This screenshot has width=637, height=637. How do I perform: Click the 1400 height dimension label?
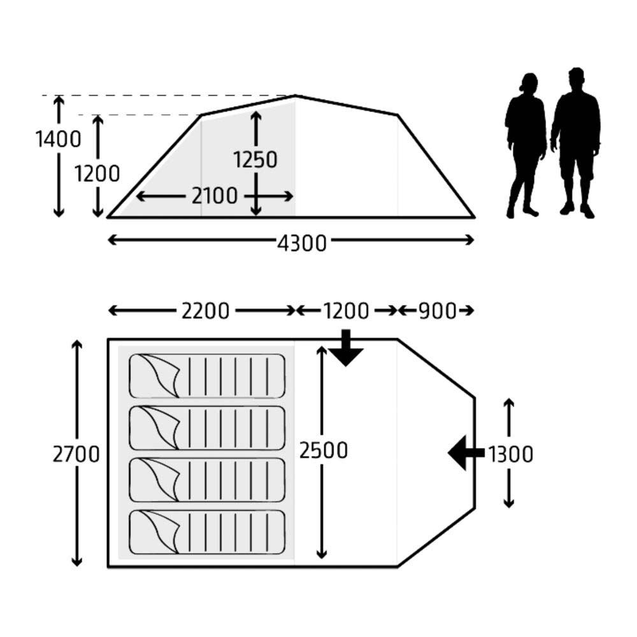pos(59,140)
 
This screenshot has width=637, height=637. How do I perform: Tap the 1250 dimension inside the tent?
pos(255,159)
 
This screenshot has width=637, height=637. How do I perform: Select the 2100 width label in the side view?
pos(215,196)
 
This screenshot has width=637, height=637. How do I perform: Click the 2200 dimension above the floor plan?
pos(205,311)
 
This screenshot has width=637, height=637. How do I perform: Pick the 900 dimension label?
pos(438,311)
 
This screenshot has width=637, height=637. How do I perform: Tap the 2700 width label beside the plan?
pos(76,454)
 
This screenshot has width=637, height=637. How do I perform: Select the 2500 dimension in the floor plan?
pos(324,450)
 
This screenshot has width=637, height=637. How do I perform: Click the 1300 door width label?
pos(510,454)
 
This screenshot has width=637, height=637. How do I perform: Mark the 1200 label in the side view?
pos(97,174)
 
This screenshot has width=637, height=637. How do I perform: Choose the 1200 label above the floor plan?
pos(346,311)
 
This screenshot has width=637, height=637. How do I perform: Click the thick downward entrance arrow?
pos(346,348)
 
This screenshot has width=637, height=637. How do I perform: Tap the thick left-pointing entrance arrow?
pos(466,452)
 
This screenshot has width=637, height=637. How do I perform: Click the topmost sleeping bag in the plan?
pos(207,376)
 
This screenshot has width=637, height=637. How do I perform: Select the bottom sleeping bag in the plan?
pos(207,532)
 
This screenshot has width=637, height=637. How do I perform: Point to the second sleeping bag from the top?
pos(207,428)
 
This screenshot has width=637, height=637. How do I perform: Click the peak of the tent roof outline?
pos(296,96)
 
